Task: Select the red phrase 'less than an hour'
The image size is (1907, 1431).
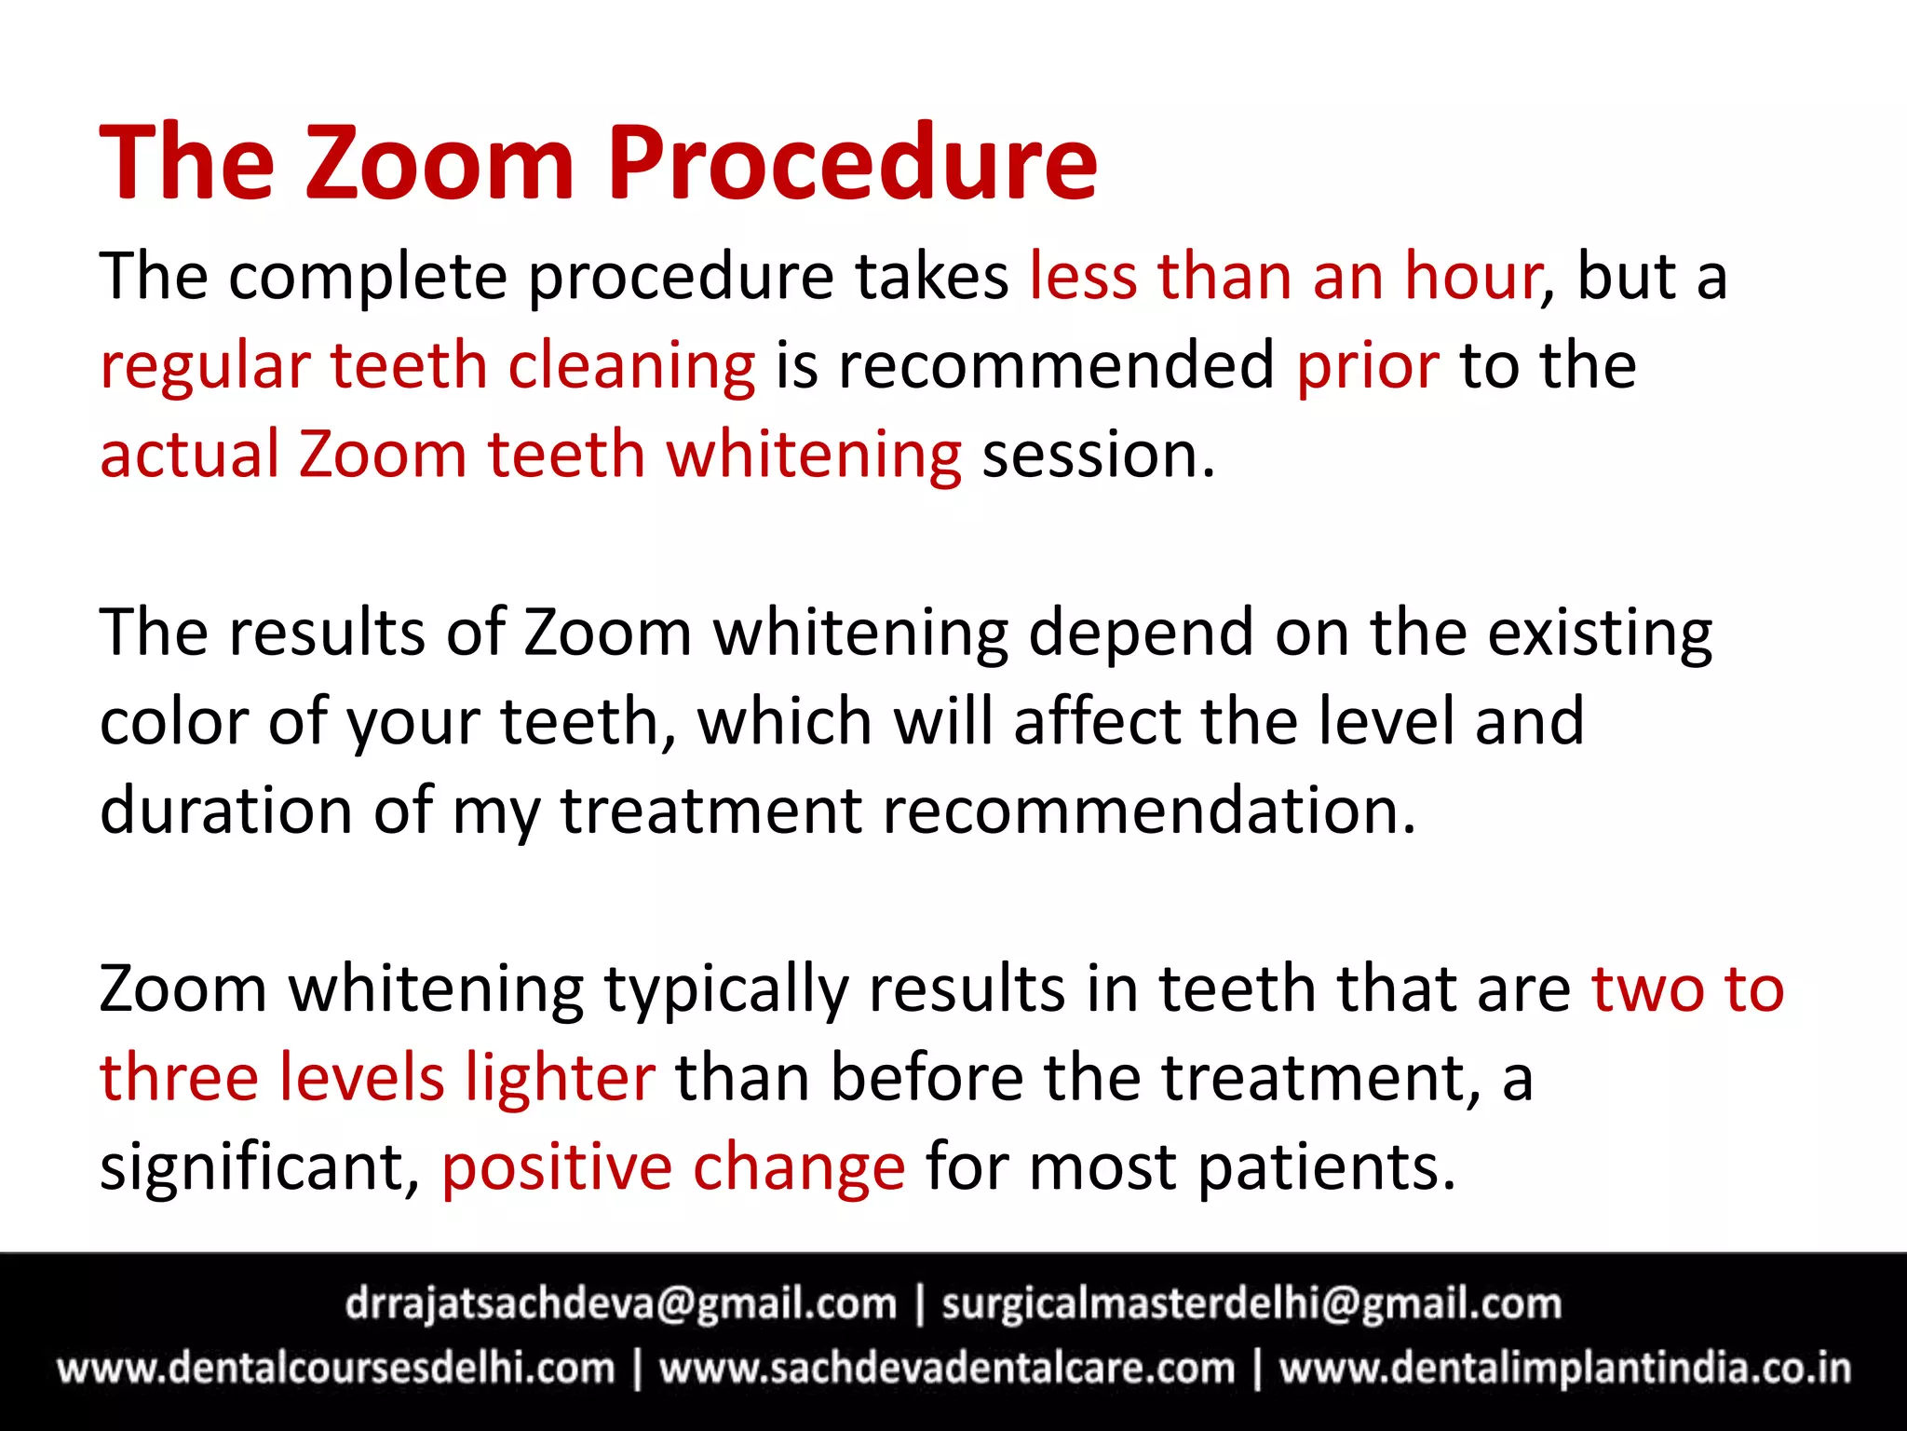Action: [1285, 277]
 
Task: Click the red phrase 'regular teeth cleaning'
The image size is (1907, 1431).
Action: [427, 365]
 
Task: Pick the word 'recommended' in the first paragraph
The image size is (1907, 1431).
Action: [1056, 365]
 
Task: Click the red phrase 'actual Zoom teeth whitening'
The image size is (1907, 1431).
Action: [531, 456]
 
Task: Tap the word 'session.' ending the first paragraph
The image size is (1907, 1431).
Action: [1099, 456]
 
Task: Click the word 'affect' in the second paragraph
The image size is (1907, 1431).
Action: [1097, 722]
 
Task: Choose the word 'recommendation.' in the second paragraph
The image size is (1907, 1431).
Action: [1149, 810]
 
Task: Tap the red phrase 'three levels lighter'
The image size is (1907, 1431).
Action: [377, 1078]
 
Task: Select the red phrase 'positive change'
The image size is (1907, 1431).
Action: [672, 1167]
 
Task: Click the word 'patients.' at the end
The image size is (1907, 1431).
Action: [1326, 1167]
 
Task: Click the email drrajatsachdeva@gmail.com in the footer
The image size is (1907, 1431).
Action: [620, 1304]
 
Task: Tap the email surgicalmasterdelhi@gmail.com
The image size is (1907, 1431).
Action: [1251, 1304]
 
